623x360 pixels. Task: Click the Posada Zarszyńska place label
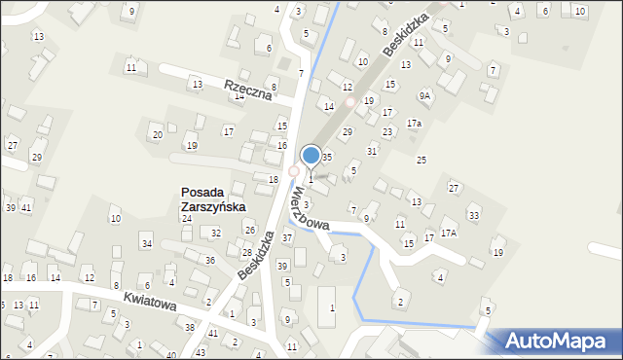point(213,199)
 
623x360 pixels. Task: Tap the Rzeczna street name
point(246,90)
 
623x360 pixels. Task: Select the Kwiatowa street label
point(149,303)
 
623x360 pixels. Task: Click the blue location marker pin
point(311,155)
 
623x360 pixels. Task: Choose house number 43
point(201,351)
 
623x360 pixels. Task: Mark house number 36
point(209,260)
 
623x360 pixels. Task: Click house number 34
point(146,243)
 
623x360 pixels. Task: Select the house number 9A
point(424,95)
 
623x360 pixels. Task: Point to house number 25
point(421,160)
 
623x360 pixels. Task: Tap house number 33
point(474,215)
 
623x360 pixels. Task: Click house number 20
point(157,134)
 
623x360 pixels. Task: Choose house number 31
point(372,151)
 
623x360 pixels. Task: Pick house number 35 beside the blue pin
point(328,157)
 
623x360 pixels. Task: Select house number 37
point(287,237)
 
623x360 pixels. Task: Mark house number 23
point(387,131)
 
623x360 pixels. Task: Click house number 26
point(249,230)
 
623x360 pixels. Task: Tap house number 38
point(190,328)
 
